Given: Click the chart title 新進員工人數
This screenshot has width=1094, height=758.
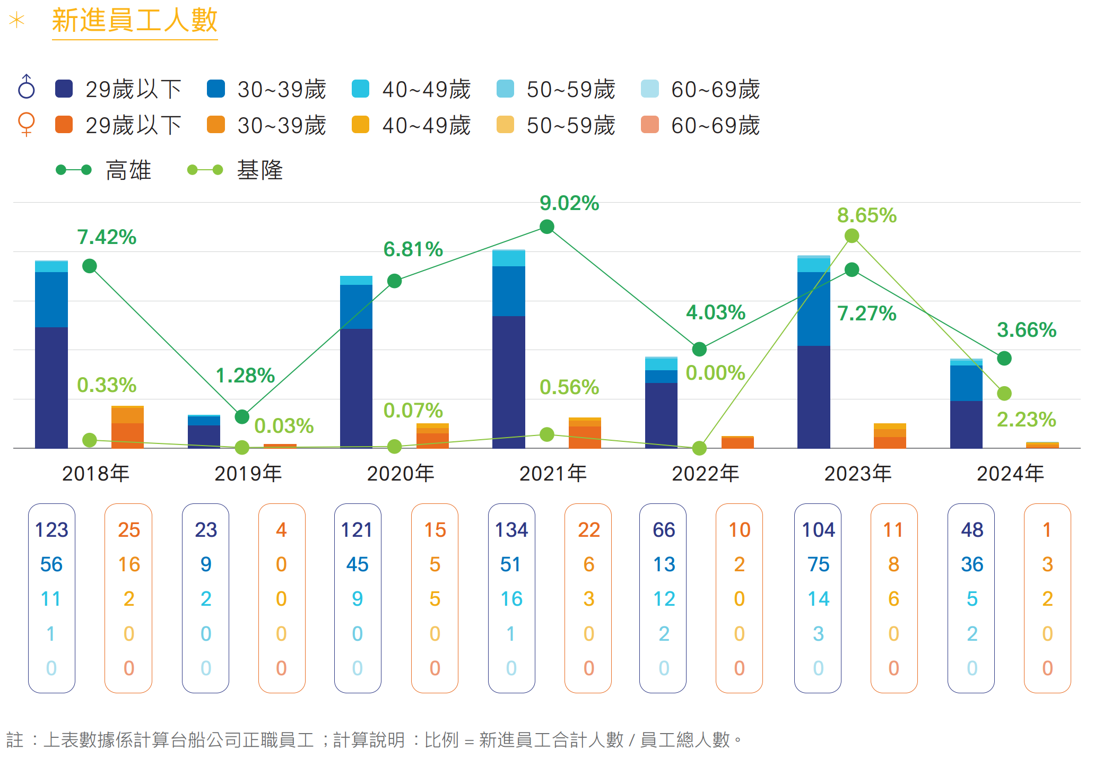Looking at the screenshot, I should point(135,21).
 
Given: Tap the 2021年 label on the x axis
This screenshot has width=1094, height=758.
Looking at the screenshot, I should point(553,473).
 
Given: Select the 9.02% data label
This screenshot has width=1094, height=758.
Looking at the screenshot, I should point(569,203).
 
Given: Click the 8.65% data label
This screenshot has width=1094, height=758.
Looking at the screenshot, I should point(867,215).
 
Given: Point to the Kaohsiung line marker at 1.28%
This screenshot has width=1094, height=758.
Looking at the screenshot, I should point(242,417).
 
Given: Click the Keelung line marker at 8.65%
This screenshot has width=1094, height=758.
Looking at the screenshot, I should point(852,236).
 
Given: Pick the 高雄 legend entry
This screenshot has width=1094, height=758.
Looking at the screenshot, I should point(104,170).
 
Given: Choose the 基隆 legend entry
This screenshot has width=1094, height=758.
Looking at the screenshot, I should point(235,170).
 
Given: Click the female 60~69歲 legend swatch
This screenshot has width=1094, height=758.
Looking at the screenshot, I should point(650,125).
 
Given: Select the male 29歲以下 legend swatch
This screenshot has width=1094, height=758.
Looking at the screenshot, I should point(64,89).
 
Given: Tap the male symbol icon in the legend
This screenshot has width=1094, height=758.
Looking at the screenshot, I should point(26,87).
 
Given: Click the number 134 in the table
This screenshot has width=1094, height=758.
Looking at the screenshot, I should point(511,530).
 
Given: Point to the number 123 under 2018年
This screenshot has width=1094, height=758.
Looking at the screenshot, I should point(51,530).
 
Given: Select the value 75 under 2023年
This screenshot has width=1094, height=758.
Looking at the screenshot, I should point(818,564).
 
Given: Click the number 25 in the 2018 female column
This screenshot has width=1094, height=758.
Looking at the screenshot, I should point(129,530).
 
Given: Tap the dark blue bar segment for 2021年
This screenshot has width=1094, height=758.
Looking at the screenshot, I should point(509,382).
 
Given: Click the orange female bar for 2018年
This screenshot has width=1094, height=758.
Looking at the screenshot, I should point(127,427).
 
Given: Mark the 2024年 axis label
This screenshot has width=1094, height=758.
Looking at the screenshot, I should point(1010,473).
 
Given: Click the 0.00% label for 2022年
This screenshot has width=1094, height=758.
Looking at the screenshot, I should point(715,373).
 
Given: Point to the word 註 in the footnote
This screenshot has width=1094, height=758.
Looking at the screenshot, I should point(15,739).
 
